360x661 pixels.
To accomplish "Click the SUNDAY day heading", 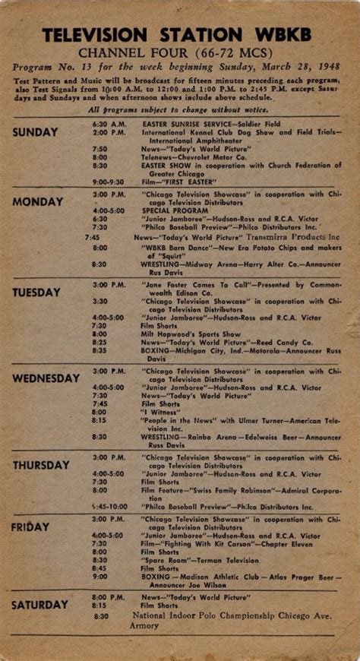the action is pos(35,132).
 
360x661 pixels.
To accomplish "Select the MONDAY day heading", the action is pos(37,202).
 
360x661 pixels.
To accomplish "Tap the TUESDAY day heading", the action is pos(36,293).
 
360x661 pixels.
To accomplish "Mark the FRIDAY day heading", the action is pos(30,527).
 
